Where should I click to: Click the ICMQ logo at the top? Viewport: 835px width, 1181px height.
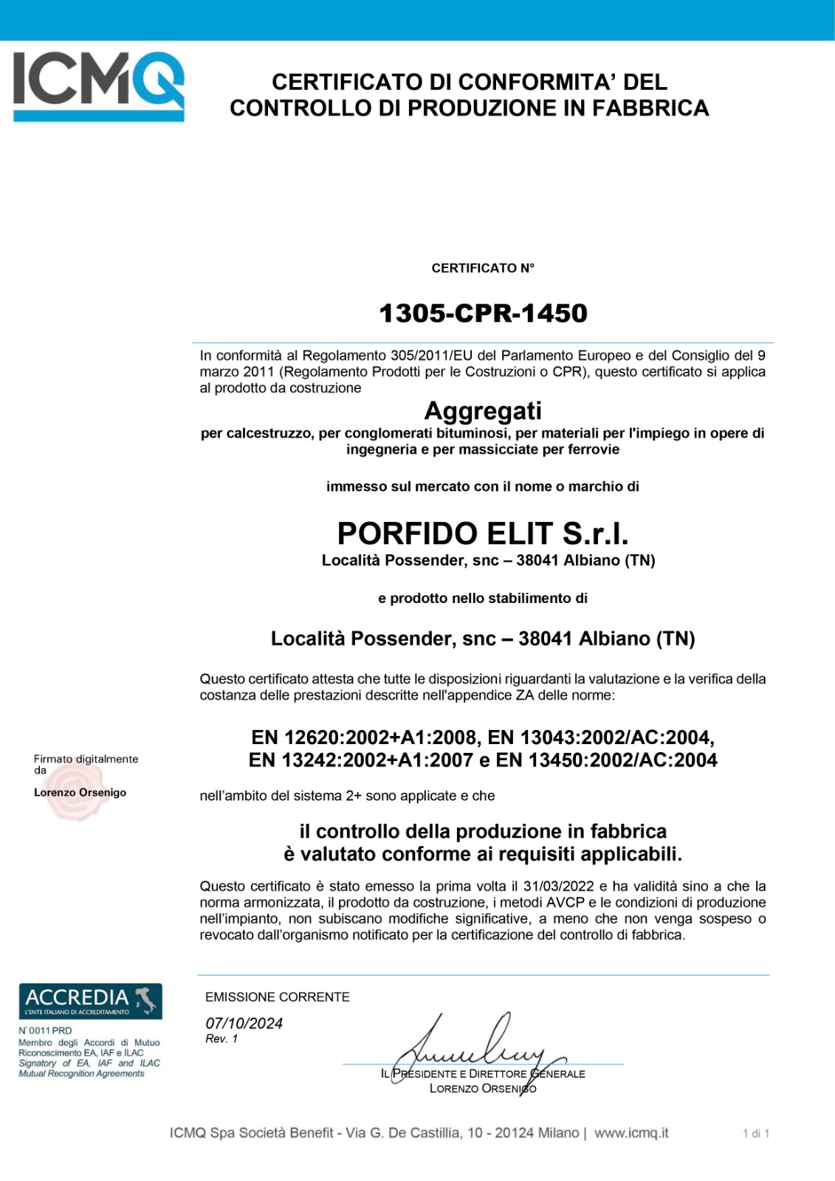click(x=98, y=85)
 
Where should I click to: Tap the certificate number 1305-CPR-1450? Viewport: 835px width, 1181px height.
click(x=483, y=313)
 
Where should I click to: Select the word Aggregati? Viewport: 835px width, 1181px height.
click(x=483, y=410)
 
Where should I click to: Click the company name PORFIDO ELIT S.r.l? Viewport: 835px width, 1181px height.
click(x=483, y=533)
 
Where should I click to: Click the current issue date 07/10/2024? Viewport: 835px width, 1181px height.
click(x=244, y=1023)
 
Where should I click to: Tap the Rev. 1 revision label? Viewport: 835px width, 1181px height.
click(x=221, y=1039)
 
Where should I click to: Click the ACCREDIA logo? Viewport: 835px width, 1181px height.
click(x=90, y=1001)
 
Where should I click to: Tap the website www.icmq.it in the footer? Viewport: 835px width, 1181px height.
click(x=631, y=1132)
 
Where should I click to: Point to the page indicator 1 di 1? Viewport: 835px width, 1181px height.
click(x=756, y=1133)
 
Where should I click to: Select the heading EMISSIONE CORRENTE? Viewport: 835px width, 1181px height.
click(x=278, y=996)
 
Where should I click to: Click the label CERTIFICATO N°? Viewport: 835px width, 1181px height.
click(x=483, y=268)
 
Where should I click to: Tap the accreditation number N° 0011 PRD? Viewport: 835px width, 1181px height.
click(x=45, y=1030)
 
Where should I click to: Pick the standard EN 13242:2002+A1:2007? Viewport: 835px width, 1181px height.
click(x=360, y=760)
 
